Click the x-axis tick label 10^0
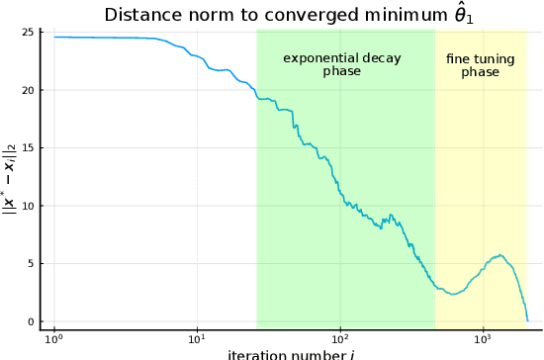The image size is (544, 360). [54, 339]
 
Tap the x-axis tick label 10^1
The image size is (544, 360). [197, 339]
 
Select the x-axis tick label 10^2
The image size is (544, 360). [340, 339]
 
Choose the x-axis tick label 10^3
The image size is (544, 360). [483, 339]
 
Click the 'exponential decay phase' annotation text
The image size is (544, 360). [342, 64]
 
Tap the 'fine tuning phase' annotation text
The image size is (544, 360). [481, 65]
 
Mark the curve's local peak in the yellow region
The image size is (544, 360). [500, 255]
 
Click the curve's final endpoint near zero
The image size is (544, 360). [527, 319]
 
